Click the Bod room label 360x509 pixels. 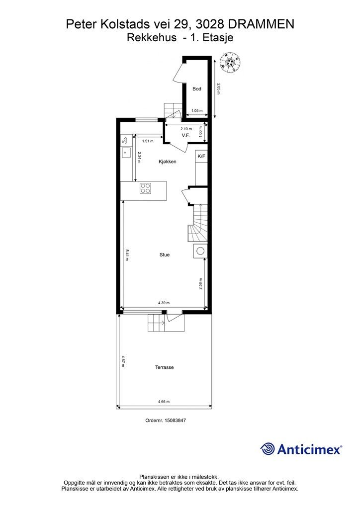[197, 88]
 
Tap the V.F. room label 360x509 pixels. [185, 135]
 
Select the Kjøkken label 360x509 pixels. [168, 162]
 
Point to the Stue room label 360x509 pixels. [165, 255]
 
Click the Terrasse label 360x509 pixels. [164, 367]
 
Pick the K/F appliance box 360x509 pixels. [201, 156]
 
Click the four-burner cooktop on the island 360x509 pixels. [145, 188]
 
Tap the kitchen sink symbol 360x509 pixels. [125, 152]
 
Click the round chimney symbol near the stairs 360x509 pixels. [200, 251]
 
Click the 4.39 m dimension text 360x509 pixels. [164, 303]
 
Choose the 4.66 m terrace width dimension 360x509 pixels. [164, 402]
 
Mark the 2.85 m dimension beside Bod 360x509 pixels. [219, 89]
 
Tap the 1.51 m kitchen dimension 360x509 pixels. [148, 141]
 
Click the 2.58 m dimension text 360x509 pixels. [201, 284]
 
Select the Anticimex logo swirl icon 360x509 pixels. [268, 449]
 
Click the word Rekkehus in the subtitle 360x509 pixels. [152, 38]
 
